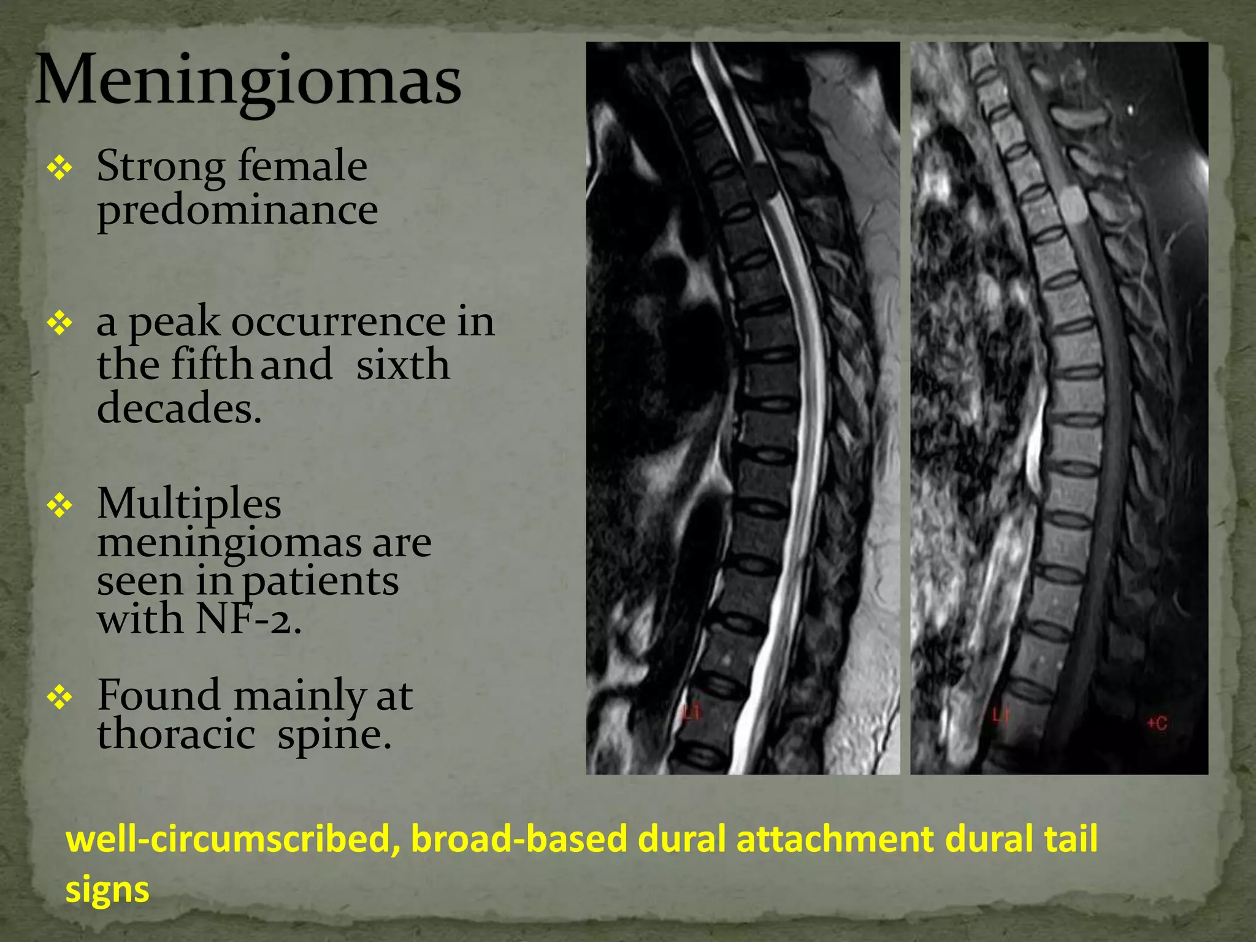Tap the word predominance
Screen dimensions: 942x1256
tap(237, 210)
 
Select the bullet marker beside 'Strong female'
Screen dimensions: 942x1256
tap(59, 167)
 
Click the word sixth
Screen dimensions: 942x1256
tap(403, 364)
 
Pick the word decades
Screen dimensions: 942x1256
tap(179, 408)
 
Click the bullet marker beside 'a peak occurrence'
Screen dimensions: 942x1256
tap(59, 323)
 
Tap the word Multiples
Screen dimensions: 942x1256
tap(189, 504)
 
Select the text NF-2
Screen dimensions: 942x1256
tap(248, 619)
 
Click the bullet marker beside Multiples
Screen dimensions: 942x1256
tap(59, 505)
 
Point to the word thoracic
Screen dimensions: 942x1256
tap(176, 734)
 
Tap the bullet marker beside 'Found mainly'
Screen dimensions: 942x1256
tap(59, 697)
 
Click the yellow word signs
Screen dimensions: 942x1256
tap(107, 889)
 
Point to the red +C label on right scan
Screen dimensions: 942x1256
tap(1157, 723)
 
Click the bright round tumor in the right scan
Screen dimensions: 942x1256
tap(1072, 204)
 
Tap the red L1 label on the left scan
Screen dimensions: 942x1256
tap(692, 712)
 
